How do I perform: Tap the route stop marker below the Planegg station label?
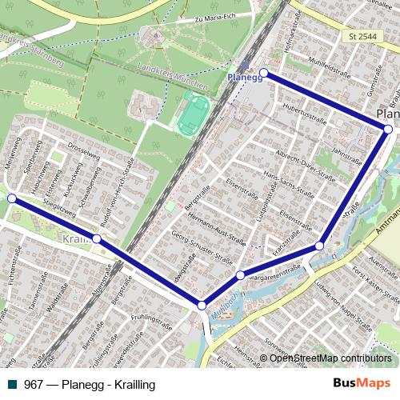point(263,74)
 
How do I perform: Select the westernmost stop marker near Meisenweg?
point(11,198)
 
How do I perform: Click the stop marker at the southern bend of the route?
point(202,305)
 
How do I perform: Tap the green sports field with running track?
point(192,114)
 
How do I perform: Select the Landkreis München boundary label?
point(173,76)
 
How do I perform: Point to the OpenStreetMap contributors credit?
point(330,358)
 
